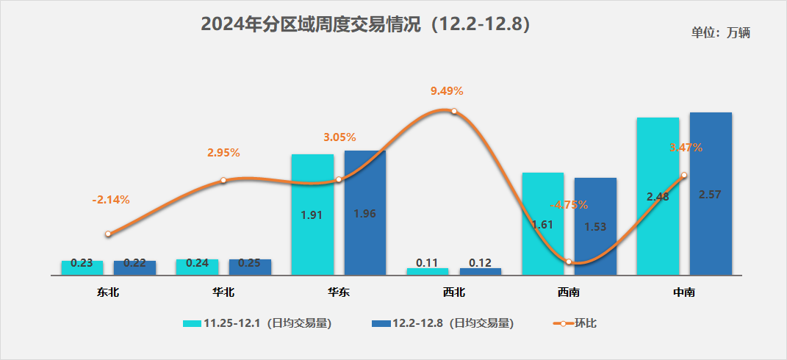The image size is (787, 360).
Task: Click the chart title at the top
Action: coord(365,24)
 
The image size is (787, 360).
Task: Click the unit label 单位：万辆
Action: coord(720,32)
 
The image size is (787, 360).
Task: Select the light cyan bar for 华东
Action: coord(312,215)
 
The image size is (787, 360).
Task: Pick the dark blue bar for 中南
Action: coord(711,194)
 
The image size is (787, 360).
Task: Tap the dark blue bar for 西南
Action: coord(595,226)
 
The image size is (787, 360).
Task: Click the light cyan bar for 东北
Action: coord(82,267)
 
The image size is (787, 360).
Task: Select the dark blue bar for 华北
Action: coord(250,267)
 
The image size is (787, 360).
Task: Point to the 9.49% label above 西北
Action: coord(447,91)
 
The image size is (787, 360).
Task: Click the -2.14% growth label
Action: coord(111,200)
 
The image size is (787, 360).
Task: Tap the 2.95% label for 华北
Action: coord(223,153)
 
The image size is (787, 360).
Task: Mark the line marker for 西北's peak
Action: coord(454,112)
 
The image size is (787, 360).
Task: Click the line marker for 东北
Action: coord(108,234)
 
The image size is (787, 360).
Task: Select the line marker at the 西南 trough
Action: coord(569,262)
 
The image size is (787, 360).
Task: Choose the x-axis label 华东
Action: coord(339,292)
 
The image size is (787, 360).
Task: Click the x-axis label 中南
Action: coord(684,292)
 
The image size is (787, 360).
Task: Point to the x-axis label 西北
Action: coord(454,292)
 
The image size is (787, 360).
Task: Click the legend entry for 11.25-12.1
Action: coord(257,323)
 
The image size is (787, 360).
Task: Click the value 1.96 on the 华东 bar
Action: coord(365,214)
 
